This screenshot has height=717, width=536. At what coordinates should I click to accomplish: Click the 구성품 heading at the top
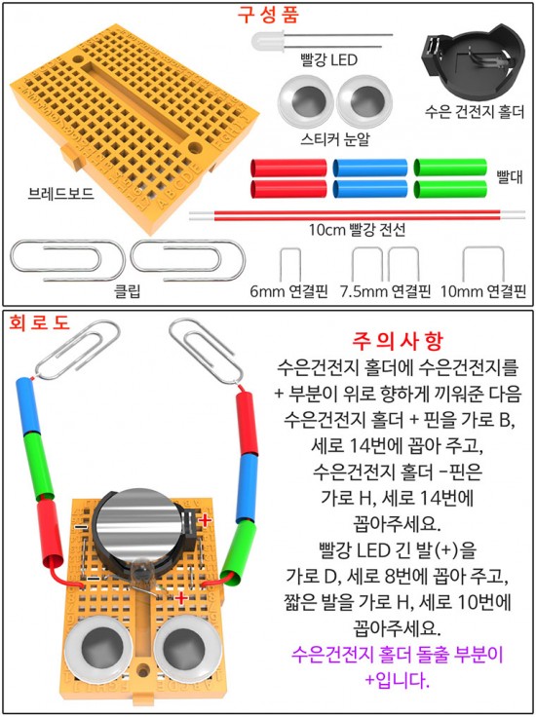pyautogui.click(x=268, y=15)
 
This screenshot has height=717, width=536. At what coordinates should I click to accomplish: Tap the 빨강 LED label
pyautogui.click(x=328, y=59)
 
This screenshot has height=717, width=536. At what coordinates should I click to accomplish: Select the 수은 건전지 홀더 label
pyautogui.click(x=475, y=112)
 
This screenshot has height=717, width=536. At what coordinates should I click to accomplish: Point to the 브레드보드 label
pyautogui.click(x=60, y=194)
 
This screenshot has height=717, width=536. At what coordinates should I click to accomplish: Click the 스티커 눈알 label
pyautogui.click(x=335, y=139)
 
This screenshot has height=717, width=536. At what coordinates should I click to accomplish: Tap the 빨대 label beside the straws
pyautogui.click(x=509, y=176)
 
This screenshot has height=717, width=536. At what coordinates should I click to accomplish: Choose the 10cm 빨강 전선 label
pyautogui.click(x=358, y=229)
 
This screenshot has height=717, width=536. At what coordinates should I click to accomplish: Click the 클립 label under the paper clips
pyautogui.click(x=128, y=291)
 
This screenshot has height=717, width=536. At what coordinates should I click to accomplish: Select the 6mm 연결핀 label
pyautogui.click(x=289, y=291)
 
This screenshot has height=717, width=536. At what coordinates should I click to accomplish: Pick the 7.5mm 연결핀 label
pyautogui.click(x=386, y=291)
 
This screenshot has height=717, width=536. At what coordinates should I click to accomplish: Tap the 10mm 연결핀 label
pyautogui.click(x=483, y=291)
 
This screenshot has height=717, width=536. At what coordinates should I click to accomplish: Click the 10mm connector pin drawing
pyautogui.click(x=483, y=248)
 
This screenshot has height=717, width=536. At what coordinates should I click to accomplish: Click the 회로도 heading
pyautogui.click(x=39, y=322)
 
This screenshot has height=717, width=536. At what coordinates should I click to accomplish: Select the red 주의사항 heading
pyautogui.click(x=398, y=340)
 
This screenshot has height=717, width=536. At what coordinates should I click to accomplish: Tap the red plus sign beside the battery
pyautogui.click(x=205, y=520)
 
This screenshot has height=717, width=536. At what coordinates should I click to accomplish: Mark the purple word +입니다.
pyautogui.click(x=397, y=681)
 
